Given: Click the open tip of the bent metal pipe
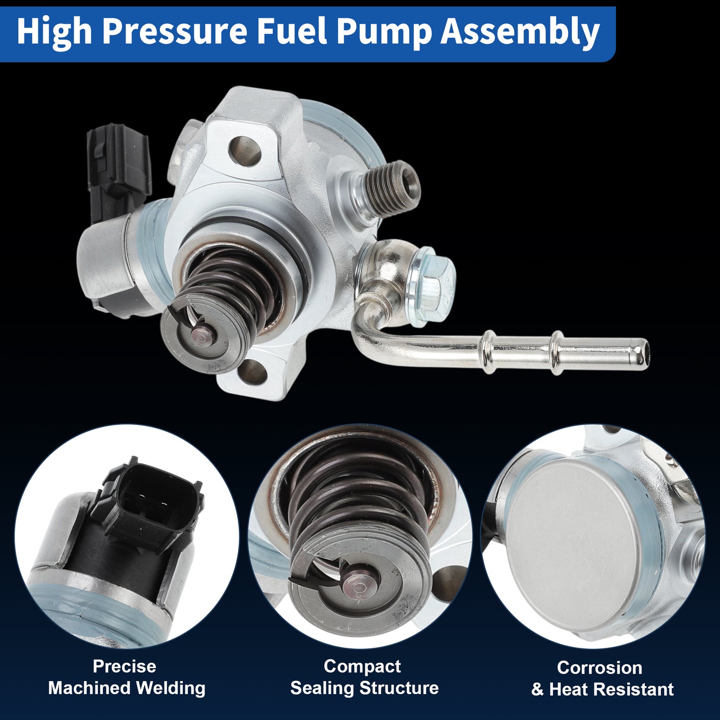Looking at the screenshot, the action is pos(643,352).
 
